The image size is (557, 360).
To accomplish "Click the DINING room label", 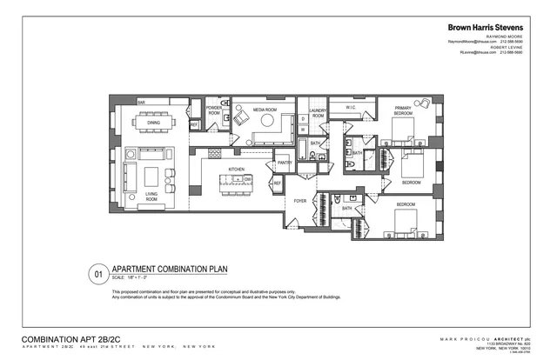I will (x=153, y=123).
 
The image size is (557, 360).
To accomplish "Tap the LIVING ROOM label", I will (x=151, y=197).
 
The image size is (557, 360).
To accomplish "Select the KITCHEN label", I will (x=236, y=169).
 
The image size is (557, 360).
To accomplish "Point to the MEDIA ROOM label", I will (x=264, y=110).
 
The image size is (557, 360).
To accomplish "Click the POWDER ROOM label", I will (x=214, y=110).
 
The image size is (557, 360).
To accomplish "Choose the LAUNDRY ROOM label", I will (x=318, y=114).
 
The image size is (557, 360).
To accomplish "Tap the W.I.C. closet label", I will (x=352, y=109).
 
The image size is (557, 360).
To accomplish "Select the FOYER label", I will (x=301, y=201).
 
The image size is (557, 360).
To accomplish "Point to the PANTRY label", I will (x=284, y=163).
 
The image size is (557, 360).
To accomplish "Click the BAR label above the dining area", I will (x=140, y=102).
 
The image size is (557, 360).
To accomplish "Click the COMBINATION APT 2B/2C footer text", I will (x=69, y=338).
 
